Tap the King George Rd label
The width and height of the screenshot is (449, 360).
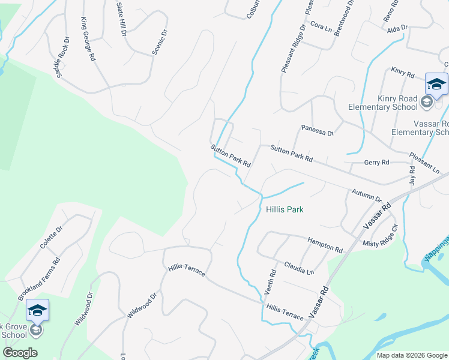[88, 40]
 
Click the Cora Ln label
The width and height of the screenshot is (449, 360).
[322, 28]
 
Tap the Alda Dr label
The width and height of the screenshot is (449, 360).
[397, 28]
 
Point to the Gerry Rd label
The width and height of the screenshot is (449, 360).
[376, 163]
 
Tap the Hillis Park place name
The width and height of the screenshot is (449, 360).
[285, 209]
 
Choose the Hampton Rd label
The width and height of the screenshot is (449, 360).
[325, 243]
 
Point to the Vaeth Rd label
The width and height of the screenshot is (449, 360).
[271, 281]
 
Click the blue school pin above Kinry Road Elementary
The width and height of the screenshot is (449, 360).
[436, 84]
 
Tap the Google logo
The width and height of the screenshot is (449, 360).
[20, 353]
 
